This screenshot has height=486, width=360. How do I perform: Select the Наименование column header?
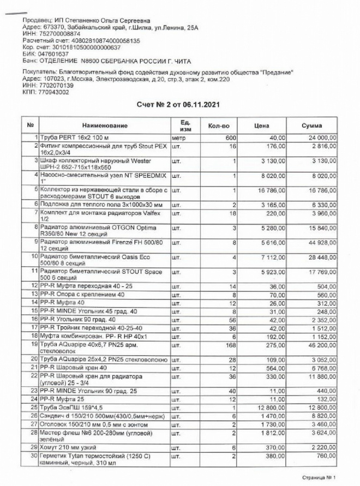click(x=105, y=126)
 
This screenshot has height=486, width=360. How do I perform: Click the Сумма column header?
click(x=311, y=126)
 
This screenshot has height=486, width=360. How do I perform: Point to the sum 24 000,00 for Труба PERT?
click(x=320, y=138)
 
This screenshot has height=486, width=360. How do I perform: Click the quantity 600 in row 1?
click(x=231, y=138)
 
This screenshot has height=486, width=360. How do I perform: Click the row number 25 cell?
click(x=31, y=407)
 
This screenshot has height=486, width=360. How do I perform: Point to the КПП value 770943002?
click(x=53, y=92)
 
